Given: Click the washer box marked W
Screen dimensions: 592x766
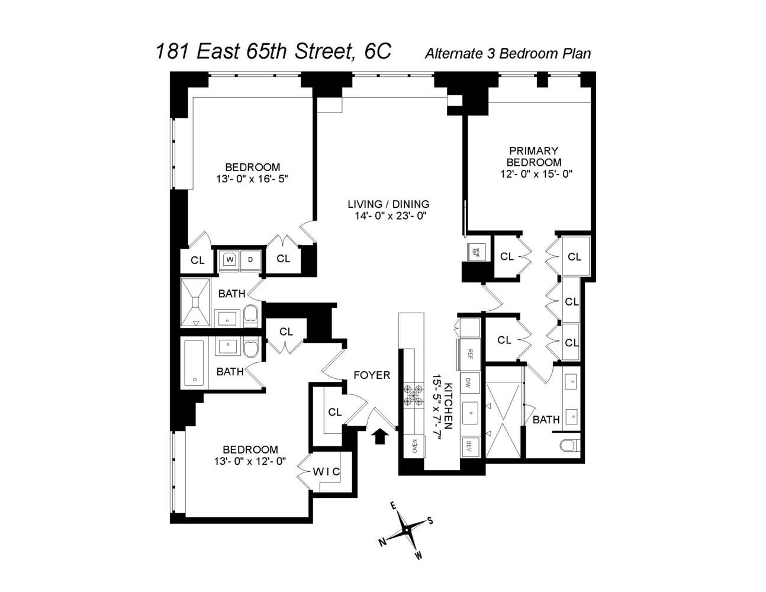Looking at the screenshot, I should click(x=229, y=259).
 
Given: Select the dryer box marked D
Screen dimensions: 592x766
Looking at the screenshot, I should click(x=250, y=259).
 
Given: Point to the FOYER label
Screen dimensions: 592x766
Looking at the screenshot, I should click(x=372, y=375).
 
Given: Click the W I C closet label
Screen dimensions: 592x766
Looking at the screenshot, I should click(x=326, y=471).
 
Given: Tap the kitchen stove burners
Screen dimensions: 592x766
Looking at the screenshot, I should click(x=413, y=395).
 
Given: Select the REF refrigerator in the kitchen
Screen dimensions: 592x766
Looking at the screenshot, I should click(x=470, y=354).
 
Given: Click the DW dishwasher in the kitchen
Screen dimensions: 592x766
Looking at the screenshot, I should click(x=470, y=382).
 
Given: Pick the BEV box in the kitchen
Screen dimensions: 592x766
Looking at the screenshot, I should click(x=470, y=446).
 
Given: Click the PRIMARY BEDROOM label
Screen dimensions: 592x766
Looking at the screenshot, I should click(x=533, y=156).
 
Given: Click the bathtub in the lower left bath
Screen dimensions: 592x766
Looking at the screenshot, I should click(x=194, y=363).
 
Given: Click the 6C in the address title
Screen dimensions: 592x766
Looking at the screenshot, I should click(x=377, y=51).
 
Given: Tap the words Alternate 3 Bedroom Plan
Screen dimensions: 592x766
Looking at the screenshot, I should click(x=507, y=53).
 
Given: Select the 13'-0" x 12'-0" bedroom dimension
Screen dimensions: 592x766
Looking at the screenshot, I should click(x=250, y=461).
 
